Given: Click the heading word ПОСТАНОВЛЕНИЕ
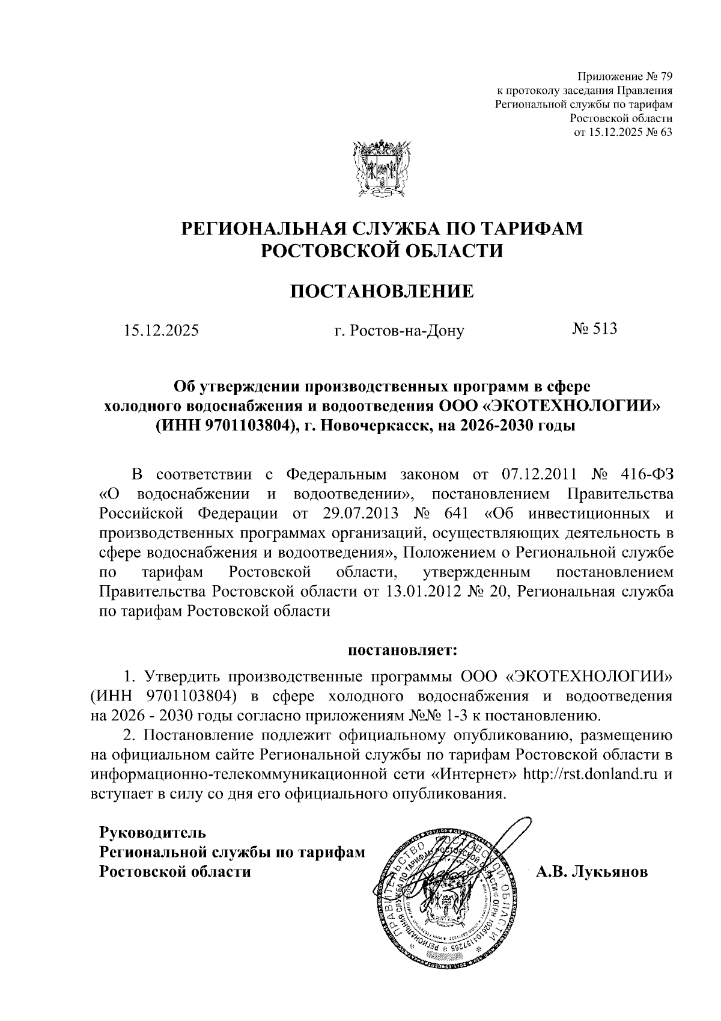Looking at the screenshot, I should [382, 292].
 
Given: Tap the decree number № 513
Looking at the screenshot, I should [594, 329].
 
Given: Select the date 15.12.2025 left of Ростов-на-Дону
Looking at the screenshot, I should [160, 330].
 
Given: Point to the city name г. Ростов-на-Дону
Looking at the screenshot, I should [399, 330].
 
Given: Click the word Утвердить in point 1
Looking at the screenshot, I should [180, 676].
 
